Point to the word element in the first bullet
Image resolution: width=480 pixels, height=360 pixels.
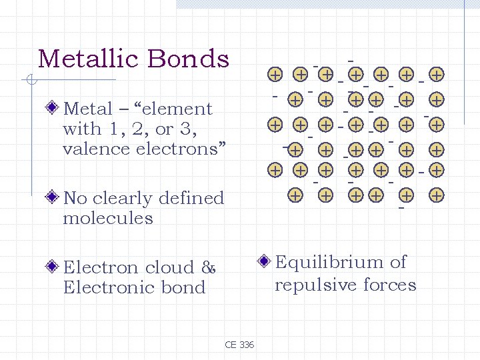coord(181,109)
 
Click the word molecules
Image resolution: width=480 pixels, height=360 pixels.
coord(108,218)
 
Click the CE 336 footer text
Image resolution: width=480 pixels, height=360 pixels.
coord(239,345)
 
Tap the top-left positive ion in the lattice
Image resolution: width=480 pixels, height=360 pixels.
coord(274,73)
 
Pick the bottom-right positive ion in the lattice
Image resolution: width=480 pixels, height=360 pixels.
coord(437,195)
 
